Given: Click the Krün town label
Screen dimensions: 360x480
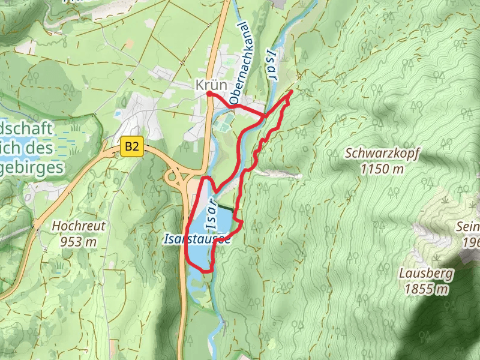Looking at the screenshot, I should pos(211,85).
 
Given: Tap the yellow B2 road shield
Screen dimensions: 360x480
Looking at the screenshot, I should pos(133,146).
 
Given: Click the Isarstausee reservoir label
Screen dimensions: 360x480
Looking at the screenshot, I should pos(197,238).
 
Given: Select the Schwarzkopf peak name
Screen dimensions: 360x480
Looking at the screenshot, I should pos(382,154).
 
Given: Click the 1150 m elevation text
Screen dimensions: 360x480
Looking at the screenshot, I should pos(382,169).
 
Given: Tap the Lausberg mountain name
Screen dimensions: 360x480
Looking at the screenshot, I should pos(426,274).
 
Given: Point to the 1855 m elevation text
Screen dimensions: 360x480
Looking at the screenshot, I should pos(426,290).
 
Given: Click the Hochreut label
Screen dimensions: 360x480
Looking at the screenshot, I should pos(79,226).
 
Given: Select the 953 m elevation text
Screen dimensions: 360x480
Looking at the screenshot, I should pos(79,242).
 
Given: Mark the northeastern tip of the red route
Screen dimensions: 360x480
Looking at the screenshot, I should pos(292,91).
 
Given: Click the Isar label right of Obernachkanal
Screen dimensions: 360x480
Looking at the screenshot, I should pos(272,66).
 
